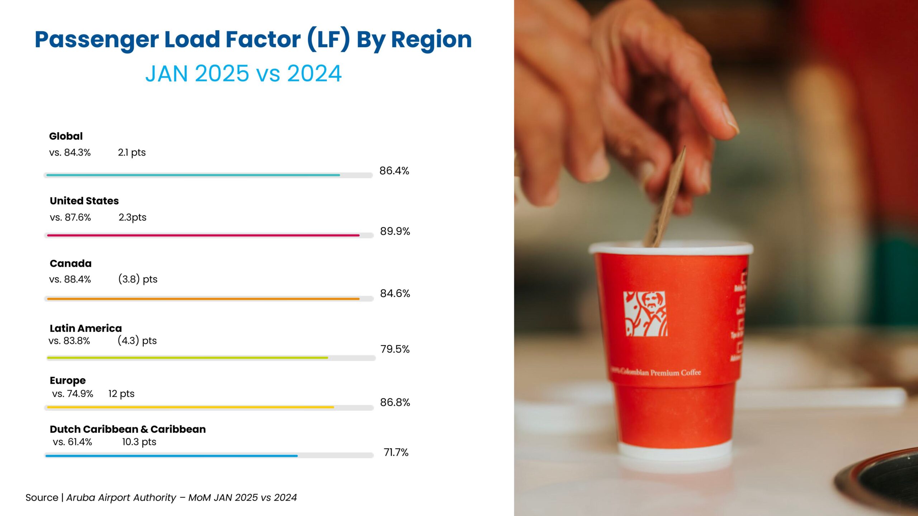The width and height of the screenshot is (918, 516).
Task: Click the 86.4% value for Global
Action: click(x=394, y=171)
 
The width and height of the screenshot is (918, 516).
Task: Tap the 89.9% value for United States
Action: click(x=395, y=231)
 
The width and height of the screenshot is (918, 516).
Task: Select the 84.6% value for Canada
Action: click(x=395, y=293)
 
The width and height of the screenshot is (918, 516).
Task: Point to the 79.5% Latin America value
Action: click(x=395, y=349)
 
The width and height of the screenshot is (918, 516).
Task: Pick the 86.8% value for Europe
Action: click(x=395, y=402)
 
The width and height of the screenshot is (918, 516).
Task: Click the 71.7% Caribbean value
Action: click(x=396, y=452)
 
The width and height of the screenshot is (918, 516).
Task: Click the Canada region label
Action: click(x=71, y=263)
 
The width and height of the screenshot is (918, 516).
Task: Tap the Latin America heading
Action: click(x=86, y=328)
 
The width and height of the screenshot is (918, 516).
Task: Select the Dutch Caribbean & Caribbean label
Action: click(x=128, y=429)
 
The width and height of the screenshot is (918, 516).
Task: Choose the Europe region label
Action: click(x=68, y=380)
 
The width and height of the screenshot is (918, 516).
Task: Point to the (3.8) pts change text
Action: click(x=138, y=279)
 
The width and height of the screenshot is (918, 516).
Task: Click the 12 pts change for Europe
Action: click(x=121, y=393)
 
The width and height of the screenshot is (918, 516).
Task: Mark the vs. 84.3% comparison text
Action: click(x=70, y=152)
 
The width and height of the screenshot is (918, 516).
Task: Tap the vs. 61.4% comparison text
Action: click(x=72, y=442)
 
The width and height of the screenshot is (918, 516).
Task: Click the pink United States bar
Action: click(x=203, y=235)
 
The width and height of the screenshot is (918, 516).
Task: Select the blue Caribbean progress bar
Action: click(x=171, y=456)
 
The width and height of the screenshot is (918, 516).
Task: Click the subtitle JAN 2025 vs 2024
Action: click(x=243, y=73)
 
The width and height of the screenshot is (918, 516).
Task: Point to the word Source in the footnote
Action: click(x=42, y=497)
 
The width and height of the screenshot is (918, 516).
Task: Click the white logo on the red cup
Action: click(x=645, y=314)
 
